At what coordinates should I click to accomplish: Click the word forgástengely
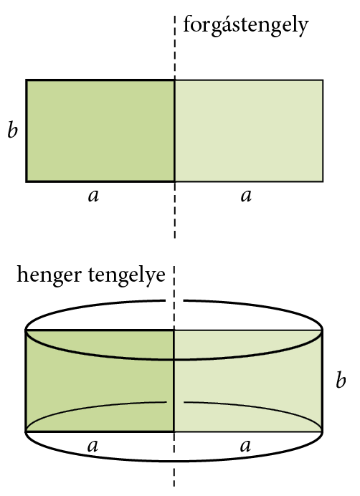tap(246, 25)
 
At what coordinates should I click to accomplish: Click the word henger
tap(49, 275)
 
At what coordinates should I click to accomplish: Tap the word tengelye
tap(127, 275)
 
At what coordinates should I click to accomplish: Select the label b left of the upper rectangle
tap(12, 129)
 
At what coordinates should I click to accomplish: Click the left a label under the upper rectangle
tap(93, 196)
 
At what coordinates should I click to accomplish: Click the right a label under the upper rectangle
tap(246, 196)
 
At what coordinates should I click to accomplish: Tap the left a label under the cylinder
tap(93, 446)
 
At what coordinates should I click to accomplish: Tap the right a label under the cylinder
tap(245, 446)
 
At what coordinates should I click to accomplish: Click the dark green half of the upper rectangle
tap(100, 131)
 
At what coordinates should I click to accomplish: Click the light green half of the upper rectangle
tap(249, 131)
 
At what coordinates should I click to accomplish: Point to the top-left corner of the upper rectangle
tap(27, 80)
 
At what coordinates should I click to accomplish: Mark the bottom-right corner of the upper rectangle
tap(323, 181)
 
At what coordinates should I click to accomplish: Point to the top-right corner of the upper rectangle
tap(323, 80)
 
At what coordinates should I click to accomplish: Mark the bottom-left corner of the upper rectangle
tap(27, 181)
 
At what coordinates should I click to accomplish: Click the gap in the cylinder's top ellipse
tap(175, 300)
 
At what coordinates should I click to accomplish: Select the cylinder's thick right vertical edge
tap(322, 381)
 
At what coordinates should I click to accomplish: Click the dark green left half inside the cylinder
tap(100, 381)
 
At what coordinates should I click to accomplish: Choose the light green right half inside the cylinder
tap(248, 381)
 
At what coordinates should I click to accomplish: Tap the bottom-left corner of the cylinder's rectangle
tap(26, 431)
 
